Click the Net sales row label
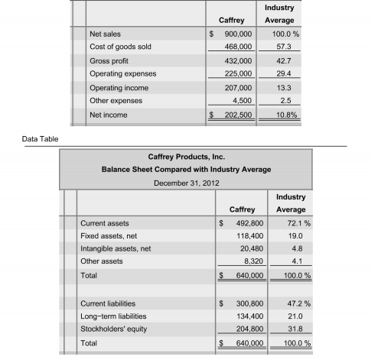[x=105, y=34]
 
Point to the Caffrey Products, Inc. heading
[x=186, y=154]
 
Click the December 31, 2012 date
[x=186, y=183]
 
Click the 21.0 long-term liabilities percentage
[x=290, y=316]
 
